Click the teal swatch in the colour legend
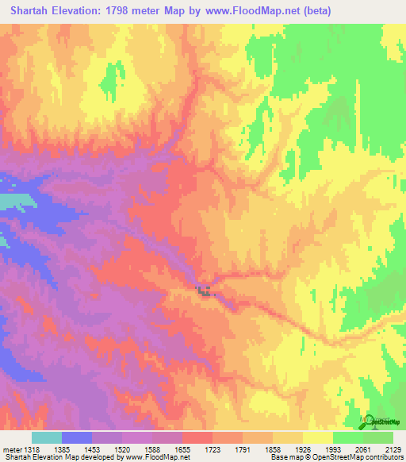(x=47, y=438)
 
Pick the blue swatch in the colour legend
(x=77, y=438)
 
